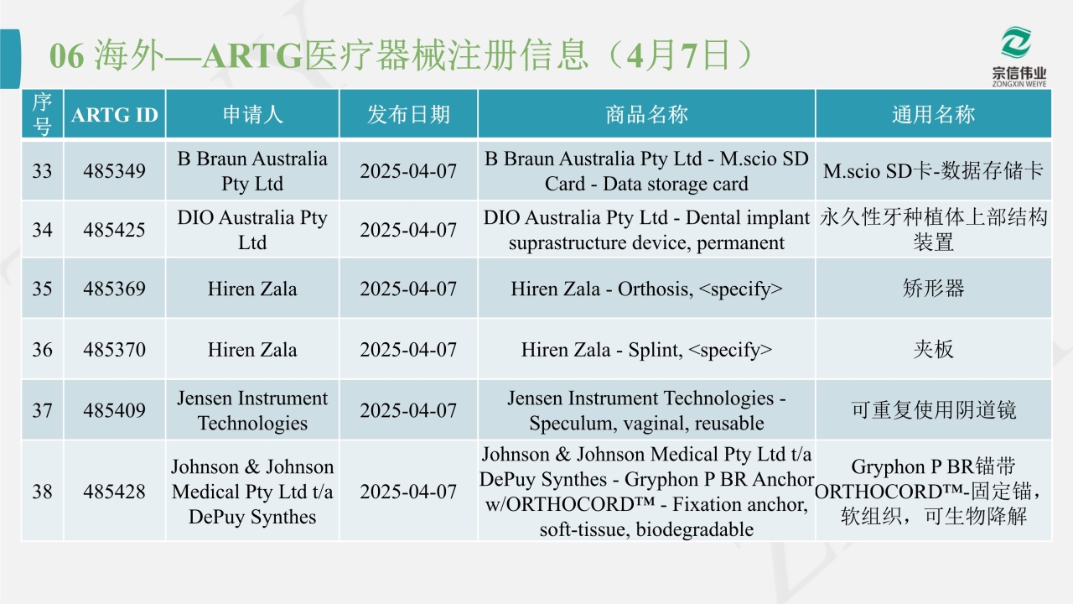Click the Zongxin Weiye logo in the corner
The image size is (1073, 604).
pyautogui.click(x=1019, y=56)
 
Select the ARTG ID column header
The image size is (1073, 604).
pyautogui.click(x=115, y=115)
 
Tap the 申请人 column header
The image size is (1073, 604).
pyautogui.click(x=252, y=115)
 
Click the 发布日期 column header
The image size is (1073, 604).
pyautogui.click(x=408, y=115)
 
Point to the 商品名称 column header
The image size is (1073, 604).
pyautogui.click(x=646, y=115)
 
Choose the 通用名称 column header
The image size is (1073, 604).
pyautogui.click(x=933, y=115)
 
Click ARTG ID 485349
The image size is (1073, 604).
pyautogui.click(x=115, y=170)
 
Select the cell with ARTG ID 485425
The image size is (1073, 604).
pyautogui.click(x=115, y=230)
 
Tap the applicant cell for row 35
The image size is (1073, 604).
pyautogui.click(x=252, y=289)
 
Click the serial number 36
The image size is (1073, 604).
pyautogui.click(x=42, y=350)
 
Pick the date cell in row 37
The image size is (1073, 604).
pyautogui.click(x=408, y=410)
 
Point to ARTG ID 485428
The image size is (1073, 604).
pyautogui.click(x=115, y=492)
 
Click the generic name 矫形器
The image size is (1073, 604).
pyautogui.click(x=933, y=289)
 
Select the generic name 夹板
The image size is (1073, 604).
pyautogui.click(x=933, y=350)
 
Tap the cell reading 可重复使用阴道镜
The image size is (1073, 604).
pyautogui.click(x=933, y=410)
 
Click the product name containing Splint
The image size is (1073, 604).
pyautogui.click(x=646, y=350)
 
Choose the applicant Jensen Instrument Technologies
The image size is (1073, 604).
pyautogui.click(x=252, y=410)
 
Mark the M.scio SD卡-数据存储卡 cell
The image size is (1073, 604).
pyautogui.click(x=933, y=170)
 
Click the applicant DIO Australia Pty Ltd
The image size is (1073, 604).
pyautogui.click(x=252, y=230)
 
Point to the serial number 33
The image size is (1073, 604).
pyautogui.click(x=42, y=170)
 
